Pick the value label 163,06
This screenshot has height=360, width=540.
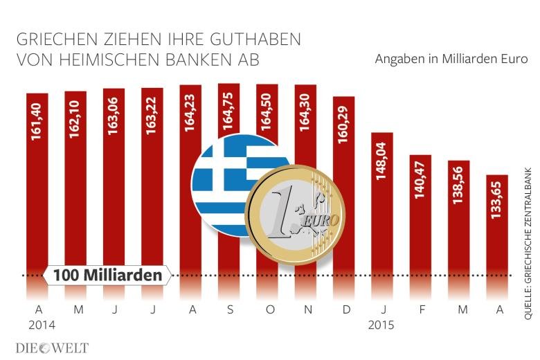point(114,120)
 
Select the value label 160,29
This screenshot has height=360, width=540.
point(343,125)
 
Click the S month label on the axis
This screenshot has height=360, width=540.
point(228,309)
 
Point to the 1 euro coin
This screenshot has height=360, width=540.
point(298,214)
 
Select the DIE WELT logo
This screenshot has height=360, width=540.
point(52,347)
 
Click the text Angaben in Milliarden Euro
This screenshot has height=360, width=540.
point(451,60)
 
